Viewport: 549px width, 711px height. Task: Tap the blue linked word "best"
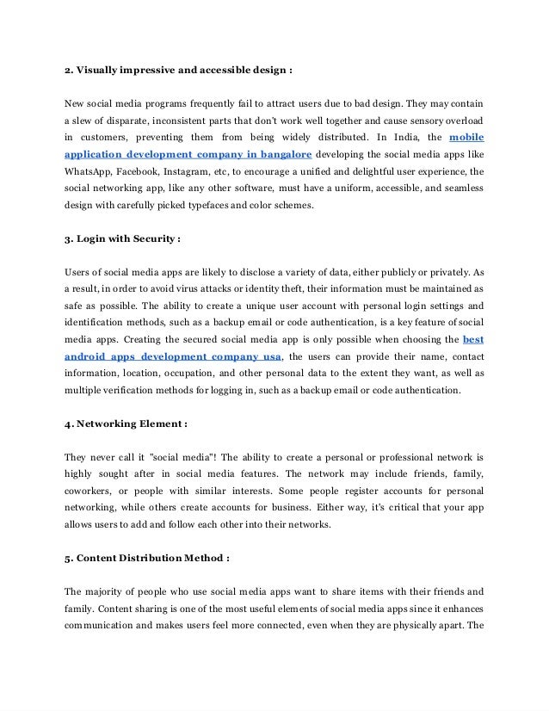(472, 340)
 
